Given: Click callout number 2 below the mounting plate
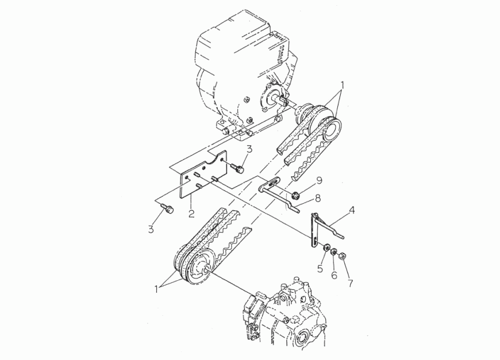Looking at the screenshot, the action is pyautogui.click(x=191, y=213).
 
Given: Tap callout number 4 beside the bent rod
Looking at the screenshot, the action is pyautogui.click(x=351, y=210).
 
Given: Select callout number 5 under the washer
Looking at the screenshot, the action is pyautogui.click(x=320, y=269).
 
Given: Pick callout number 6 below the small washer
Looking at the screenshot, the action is pyautogui.click(x=334, y=274).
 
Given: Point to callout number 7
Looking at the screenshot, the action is pyautogui.click(x=351, y=282).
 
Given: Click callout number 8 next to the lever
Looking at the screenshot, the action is pyautogui.click(x=317, y=198).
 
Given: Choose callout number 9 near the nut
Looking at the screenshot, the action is pyautogui.click(x=318, y=181).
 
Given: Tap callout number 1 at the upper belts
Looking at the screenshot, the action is pyautogui.click(x=343, y=86).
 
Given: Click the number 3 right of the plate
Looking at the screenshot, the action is pyautogui.click(x=249, y=149).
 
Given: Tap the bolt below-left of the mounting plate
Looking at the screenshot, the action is pyautogui.click(x=167, y=208).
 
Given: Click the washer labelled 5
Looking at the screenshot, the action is pyautogui.click(x=326, y=247).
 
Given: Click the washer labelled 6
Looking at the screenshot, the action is pyautogui.click(x=333, y=251).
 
